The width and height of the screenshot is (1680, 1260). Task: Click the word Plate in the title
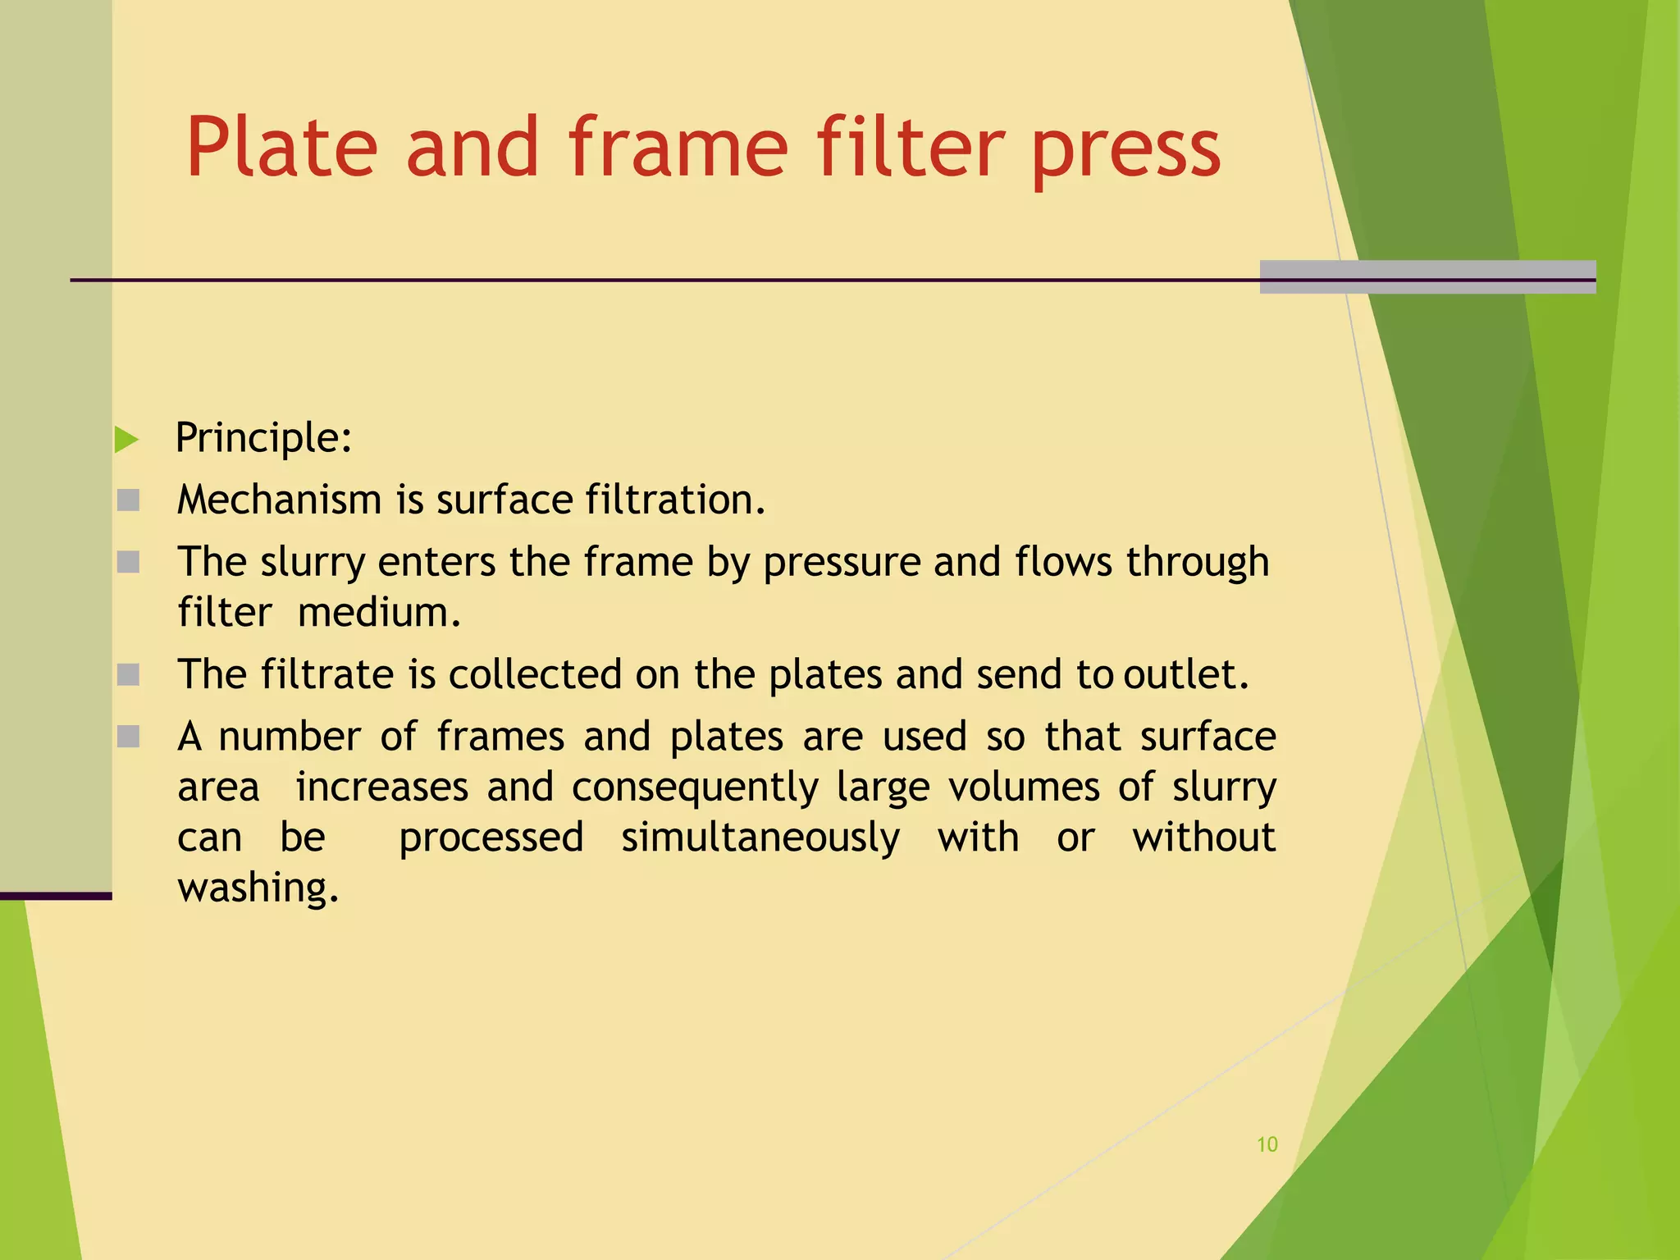281,148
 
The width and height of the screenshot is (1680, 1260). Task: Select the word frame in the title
678,148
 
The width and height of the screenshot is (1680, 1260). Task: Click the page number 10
1267,1144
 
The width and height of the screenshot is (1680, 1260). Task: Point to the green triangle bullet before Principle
126,440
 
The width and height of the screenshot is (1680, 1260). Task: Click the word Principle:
263,438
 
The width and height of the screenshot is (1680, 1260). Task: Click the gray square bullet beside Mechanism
128,500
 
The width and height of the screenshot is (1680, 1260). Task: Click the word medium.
379,613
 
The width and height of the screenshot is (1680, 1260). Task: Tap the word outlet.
1185,674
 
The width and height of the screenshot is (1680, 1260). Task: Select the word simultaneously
760,838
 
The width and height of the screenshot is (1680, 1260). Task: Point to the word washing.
258,888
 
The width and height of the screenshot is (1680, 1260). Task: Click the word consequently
695,787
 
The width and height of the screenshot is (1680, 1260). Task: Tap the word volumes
1024,787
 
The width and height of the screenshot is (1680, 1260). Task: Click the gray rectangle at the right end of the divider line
1427,276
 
